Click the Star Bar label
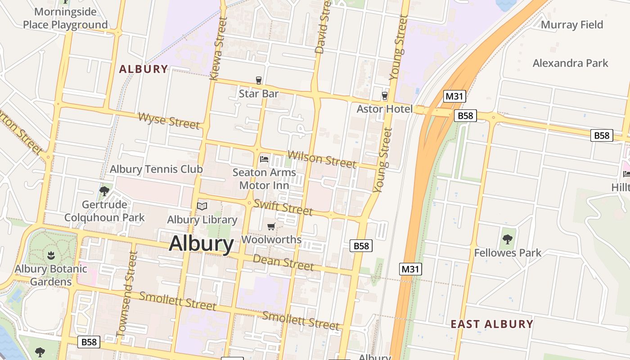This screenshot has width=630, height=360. pos(258,94)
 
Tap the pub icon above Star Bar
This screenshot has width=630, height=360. pos(259,81)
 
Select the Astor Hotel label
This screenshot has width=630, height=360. pos(384,109)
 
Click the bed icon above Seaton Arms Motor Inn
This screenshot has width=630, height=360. pos(264,159)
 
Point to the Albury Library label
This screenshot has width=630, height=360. pos(202,220)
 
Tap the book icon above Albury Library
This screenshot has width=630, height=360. pos(202,207)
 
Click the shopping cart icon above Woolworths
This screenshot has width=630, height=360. pos(271,226)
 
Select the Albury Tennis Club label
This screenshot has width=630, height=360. pos(156,169)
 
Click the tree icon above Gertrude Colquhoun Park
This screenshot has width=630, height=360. pos(104,191)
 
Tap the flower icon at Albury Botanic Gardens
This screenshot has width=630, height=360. pos(51,256)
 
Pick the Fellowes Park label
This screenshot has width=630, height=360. pos(508,252)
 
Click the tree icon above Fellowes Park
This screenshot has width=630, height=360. pos(508,239)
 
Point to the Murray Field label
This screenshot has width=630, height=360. pos(571,25)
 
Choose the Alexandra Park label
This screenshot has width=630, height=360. pos(570,63)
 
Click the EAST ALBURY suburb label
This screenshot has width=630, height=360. pos(492,324)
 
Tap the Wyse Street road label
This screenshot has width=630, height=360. pos(169,121)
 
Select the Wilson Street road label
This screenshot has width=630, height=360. pos(322,159)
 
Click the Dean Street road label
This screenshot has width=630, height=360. pos(283,262)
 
